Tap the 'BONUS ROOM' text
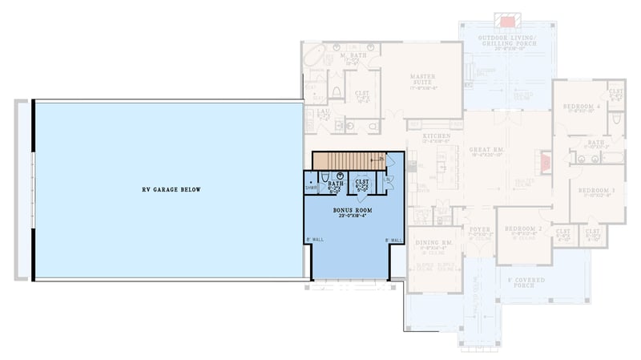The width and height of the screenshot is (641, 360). tap(352, 209)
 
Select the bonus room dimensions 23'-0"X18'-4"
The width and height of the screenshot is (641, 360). tap(352, 216)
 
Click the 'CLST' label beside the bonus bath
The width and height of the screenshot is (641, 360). tap(361, 182)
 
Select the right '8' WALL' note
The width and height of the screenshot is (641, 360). tap(393, 240)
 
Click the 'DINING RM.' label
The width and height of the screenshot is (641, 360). tap(437, 242)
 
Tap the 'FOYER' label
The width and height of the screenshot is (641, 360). tap(480, 228)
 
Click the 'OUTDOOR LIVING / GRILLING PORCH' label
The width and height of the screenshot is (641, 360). tap(506, 41)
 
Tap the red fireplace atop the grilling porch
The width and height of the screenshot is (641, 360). tap(506, 18)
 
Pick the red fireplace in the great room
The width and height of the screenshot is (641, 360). tap(544, 164)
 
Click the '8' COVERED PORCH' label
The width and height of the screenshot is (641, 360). tap(523, 282)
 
